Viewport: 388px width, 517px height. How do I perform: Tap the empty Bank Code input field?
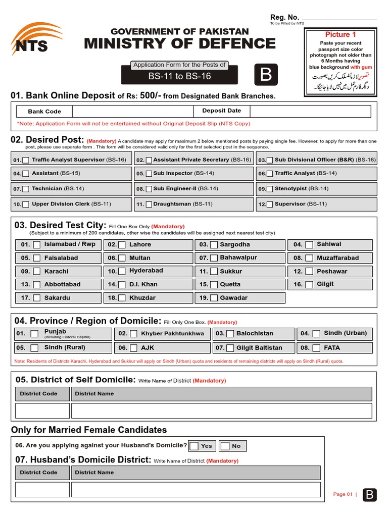point(132,112)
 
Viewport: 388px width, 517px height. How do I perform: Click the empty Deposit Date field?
point(310,112)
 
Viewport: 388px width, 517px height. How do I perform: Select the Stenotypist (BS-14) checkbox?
point(270,189)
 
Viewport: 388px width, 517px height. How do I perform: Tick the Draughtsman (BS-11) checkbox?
point(149,204)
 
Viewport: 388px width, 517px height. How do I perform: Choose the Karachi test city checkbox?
point(37,272)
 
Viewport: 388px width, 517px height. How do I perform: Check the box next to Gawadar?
point(214,298)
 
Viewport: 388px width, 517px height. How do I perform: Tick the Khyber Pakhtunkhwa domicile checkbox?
point(133,334)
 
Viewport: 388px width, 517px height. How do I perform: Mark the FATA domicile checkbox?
point(316,348)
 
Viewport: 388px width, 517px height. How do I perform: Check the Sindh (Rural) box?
point(34,348)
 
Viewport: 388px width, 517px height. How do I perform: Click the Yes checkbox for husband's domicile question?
point(194,446)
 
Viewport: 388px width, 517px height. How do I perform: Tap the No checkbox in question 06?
point(225,446)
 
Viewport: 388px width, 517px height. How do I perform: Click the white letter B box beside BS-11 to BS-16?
point(266,75)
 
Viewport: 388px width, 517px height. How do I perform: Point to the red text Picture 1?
point(341,35)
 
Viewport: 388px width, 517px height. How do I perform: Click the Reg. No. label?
point(284,18)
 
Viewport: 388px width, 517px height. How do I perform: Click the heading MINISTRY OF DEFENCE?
point(180,44)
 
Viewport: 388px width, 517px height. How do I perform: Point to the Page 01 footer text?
point(343,494)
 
